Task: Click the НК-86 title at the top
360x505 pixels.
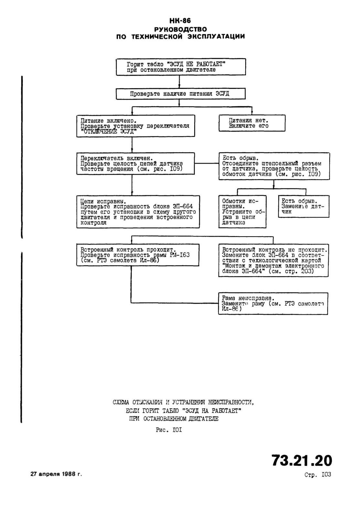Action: (x=180, y=21)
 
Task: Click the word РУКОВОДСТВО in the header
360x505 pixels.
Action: (x=180, y=29)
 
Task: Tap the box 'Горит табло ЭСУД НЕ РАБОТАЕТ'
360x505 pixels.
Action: (x=181, y=67)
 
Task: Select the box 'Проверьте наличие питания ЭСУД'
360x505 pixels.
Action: (x=180, y=94)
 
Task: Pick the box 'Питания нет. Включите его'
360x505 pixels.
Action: (x=252, y=123)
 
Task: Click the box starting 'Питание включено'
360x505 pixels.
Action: (x=136, y=126)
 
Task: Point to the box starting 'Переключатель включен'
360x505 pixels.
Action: (x=135, y=164)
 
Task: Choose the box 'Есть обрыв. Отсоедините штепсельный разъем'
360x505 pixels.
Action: (x=274, y=166)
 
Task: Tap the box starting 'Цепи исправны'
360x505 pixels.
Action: (x=138, y=212)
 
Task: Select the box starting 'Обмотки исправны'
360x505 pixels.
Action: (x=242, y=212)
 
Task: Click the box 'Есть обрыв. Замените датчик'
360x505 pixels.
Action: (x=303, y=206)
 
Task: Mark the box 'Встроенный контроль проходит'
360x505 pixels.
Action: (x=138, y=255)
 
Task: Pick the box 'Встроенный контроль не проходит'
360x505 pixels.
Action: (x=273, y=260)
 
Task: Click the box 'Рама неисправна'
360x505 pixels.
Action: (x=273, y=304)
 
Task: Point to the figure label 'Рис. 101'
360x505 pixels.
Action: (x=169, y=430)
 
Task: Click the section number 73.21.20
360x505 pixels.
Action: (x=302, y=460)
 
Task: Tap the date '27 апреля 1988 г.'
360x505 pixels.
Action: (x=56, y=474)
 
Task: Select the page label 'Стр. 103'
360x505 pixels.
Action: (x=318, y=475)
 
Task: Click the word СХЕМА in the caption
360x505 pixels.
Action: (x=121, y=402)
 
